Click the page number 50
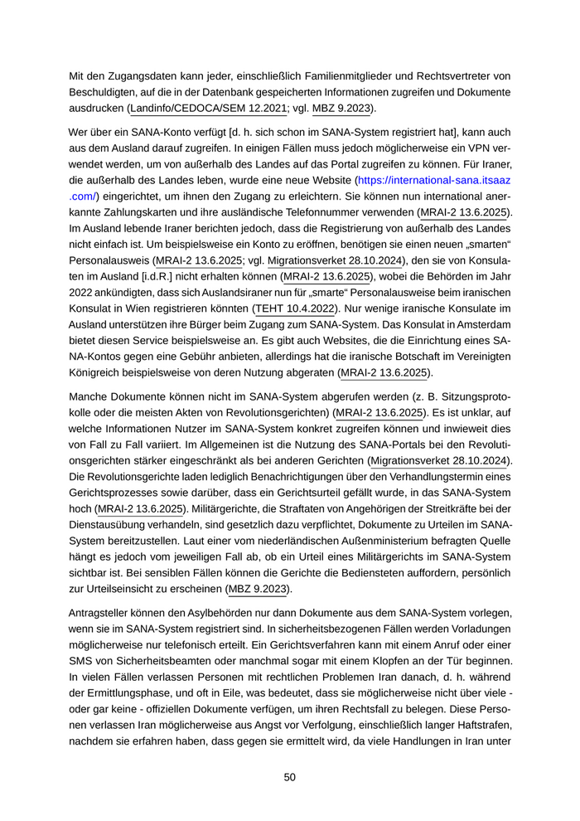(x=290, y=777)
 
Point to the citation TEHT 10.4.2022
(x=295, y=308)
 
